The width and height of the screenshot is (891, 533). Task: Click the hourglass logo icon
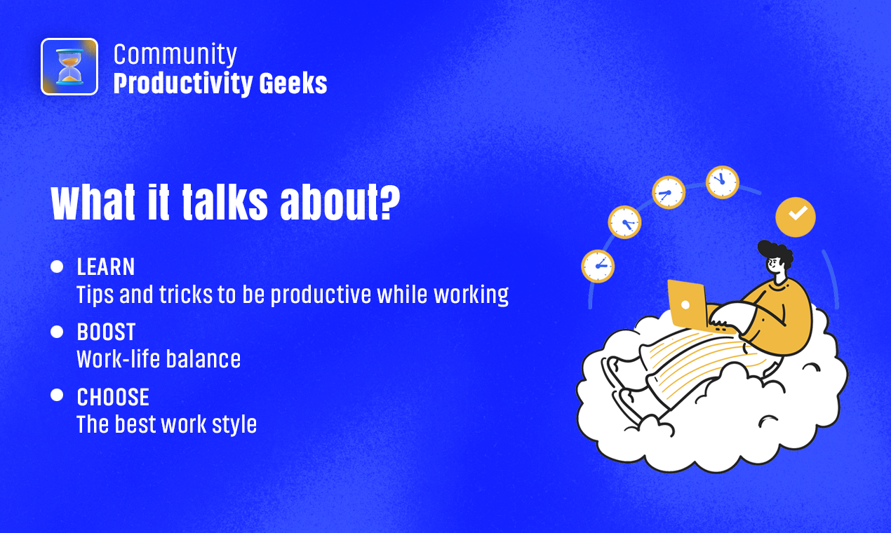(69, 67)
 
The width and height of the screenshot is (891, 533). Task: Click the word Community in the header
(175, 55)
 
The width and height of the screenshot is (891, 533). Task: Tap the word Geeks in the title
(293, 83)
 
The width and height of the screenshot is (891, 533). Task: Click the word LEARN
(106, 266)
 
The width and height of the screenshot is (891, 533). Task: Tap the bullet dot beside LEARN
(57, 266)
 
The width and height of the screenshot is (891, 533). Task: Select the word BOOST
(106, 332)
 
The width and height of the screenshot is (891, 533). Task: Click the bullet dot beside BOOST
(57, 332)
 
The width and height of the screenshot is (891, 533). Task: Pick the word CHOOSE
(113, 397)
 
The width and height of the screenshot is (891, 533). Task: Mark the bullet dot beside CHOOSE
(57, 395)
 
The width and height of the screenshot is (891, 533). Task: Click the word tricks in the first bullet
(186, 295)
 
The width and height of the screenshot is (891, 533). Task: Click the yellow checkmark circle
(796, 217)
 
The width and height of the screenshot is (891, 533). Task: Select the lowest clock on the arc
(598, 266)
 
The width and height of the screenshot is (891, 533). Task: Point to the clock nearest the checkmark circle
(723, 182)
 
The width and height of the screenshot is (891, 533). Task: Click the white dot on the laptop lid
(685, 304)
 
